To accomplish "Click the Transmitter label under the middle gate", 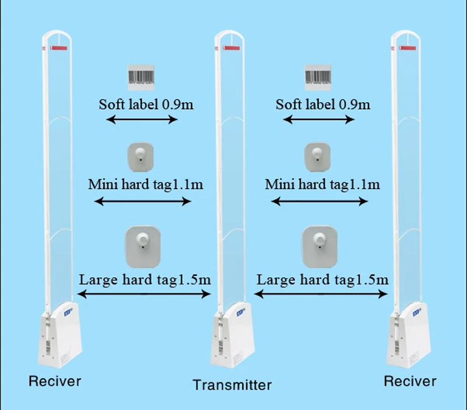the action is point(232,385).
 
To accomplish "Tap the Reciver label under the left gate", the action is point(55,381).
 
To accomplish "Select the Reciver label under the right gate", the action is point(410,381).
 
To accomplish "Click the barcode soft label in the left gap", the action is point(141,78).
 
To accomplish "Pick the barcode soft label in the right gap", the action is point(318,78).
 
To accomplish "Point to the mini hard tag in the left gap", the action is point(141,157).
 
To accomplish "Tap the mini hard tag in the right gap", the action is point(317,157).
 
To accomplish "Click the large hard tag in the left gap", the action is point(143,247).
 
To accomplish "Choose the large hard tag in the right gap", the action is point(320,247).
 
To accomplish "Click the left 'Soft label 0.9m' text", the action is point(146,104).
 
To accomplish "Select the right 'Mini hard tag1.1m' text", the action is point(323,184).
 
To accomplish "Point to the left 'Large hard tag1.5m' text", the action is point(145,280).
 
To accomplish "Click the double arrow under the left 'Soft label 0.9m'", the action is point(142,120).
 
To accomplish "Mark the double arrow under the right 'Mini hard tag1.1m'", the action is point(319,201).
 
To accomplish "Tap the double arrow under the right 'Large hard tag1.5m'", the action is point(320,295).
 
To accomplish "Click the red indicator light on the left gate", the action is point(59,48).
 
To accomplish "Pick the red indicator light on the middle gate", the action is point(231,48).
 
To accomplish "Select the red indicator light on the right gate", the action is point(407,48).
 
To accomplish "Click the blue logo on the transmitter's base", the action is point(241,313).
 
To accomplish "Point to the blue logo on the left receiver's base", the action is point(68,313).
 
